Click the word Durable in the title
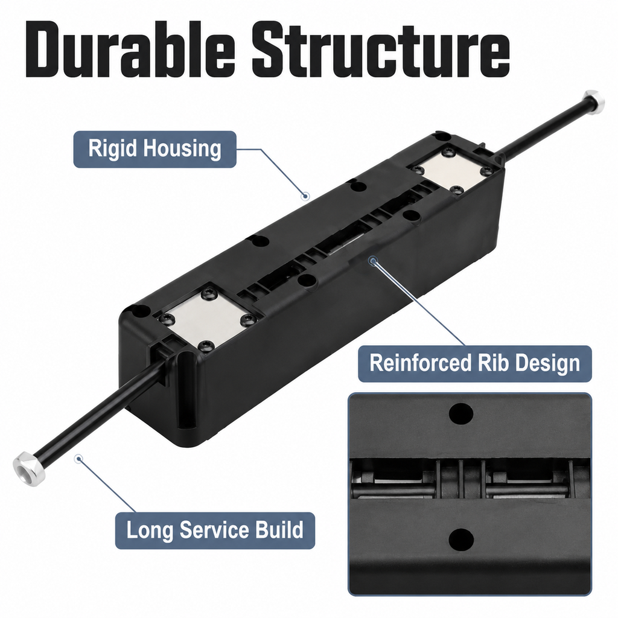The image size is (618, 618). pos(130,49)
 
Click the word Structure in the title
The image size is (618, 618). pos(381,49)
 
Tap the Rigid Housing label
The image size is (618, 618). pos(155,150)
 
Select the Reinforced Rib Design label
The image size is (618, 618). pos(474,363)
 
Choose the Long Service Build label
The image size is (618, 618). pos(215,530)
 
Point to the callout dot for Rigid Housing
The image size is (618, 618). pos(305,196)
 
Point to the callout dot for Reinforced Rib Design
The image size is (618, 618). pos(372,261)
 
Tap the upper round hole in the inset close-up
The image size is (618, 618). pos(460,414)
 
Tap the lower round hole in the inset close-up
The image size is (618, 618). pos(460,540)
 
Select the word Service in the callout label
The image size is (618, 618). pos(217,530)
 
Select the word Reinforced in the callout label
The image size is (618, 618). pos(421,363)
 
